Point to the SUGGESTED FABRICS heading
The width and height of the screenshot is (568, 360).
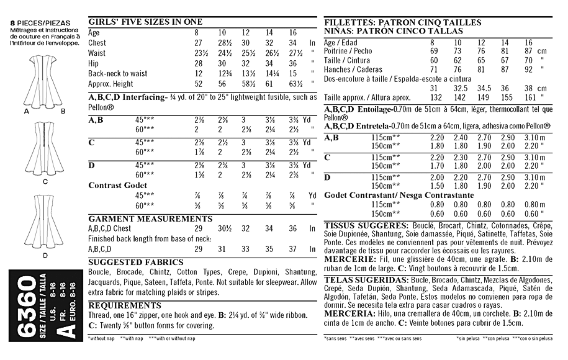coord(136,262)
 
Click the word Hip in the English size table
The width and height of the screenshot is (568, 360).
coord(94,63)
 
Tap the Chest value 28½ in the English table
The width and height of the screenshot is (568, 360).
coord(222,43)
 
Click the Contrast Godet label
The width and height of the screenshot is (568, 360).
coord(118,185)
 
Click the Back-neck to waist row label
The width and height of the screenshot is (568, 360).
coord(118,73)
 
